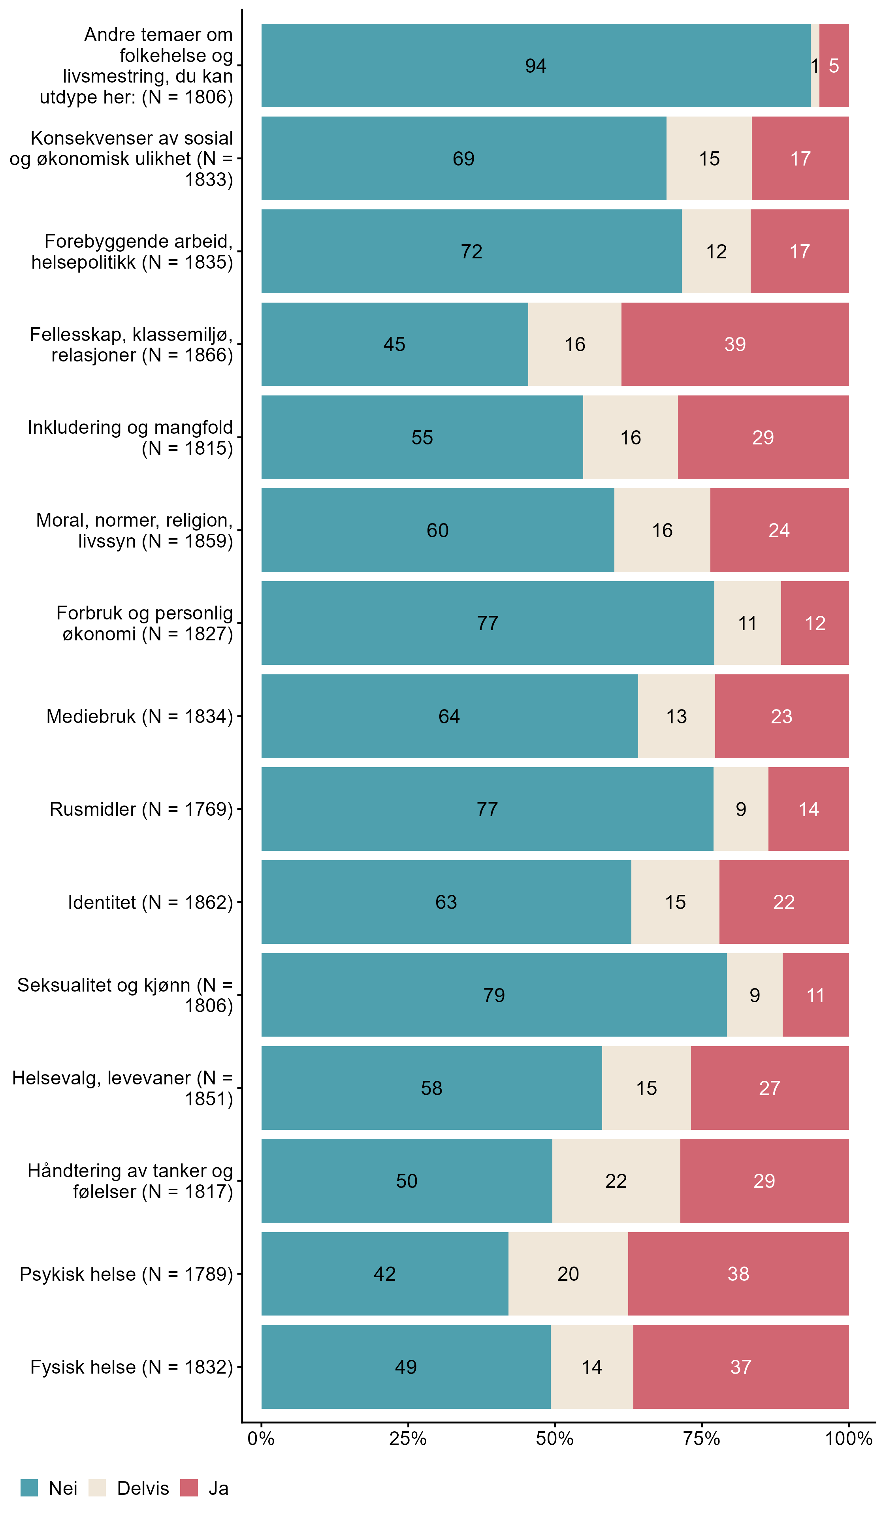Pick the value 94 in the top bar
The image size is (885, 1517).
coord(535,66)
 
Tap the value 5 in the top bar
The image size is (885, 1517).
coord(833,66)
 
